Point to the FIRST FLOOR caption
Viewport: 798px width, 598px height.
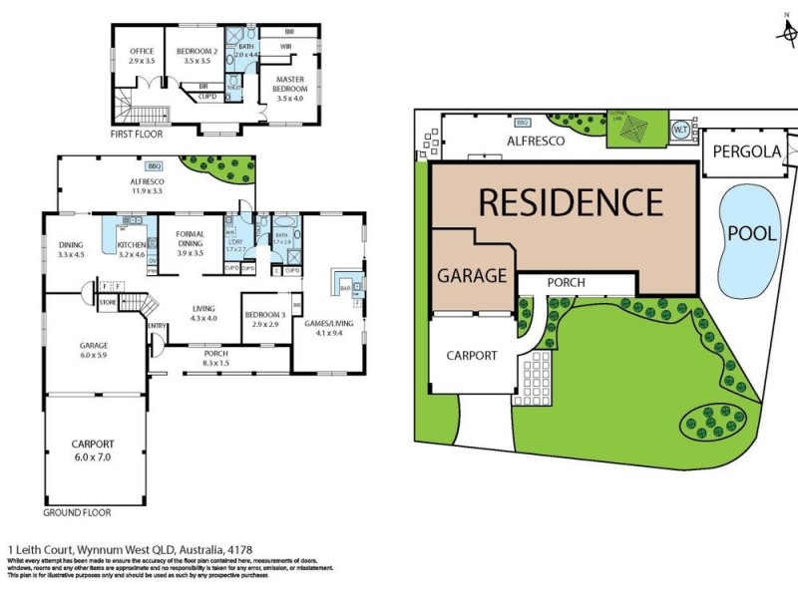(x=137, y=133)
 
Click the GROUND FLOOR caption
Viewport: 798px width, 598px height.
(x=77, y=512)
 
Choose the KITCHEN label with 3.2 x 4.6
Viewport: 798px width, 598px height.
(x=132, y=243)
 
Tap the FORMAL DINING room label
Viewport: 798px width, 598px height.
(x=190, y=239)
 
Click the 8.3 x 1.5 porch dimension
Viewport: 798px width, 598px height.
(x=215, y=365)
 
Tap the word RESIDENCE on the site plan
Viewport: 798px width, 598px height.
(x=570, y=202)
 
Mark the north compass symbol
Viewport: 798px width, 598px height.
(x=783, y=30)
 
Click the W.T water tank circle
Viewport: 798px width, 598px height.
(x=680, y=130)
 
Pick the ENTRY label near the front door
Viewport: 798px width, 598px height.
(x=157, y=325)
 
